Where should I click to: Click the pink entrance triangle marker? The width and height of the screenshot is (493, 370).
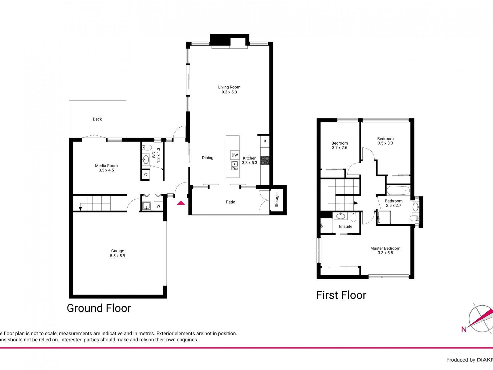pos(181,203)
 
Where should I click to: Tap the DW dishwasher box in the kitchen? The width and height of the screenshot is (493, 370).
pos(235,155)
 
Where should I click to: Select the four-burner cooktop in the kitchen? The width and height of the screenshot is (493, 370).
pos(265,160)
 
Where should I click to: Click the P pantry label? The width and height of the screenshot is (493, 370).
pos(265,142)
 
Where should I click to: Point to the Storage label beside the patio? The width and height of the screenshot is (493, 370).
pos(277,200)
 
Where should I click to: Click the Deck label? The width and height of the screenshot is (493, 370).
pos(97,119)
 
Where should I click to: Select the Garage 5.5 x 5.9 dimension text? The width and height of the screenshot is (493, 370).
pos(118,256)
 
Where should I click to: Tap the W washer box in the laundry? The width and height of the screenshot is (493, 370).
pos(158,206)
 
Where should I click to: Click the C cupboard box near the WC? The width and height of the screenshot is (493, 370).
pos(145,175)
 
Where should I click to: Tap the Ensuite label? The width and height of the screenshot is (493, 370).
pos(345,226)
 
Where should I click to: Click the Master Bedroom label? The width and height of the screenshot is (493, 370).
pos(385,248)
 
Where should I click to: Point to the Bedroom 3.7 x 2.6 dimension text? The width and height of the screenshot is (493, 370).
pos(340,148)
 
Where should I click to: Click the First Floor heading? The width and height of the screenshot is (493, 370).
pos(341,295)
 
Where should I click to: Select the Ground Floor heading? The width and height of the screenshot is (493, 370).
pos(99,308)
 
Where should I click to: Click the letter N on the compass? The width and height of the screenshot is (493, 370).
pos(464,330)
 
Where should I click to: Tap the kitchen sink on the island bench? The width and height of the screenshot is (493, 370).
pos(235,166)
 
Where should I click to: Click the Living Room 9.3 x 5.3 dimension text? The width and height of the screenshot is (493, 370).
pos(229,92)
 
